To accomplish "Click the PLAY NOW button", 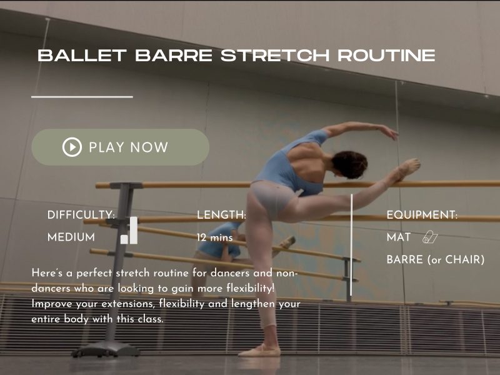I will pos(120,147).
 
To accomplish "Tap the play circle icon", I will pos(72,147).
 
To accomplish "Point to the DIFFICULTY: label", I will pos(81,215).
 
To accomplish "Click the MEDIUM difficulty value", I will pos(71,237).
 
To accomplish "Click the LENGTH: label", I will pos(222,215).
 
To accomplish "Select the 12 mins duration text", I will pos(215,237).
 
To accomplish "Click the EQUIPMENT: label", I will pos(422,215).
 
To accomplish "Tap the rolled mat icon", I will pos(431,237).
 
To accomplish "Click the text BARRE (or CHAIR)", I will pos(436,259).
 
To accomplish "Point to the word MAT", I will pos(399,237).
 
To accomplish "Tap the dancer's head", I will pos(349,164).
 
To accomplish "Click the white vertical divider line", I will pos(352,244).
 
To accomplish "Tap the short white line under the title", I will pos(82,97).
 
